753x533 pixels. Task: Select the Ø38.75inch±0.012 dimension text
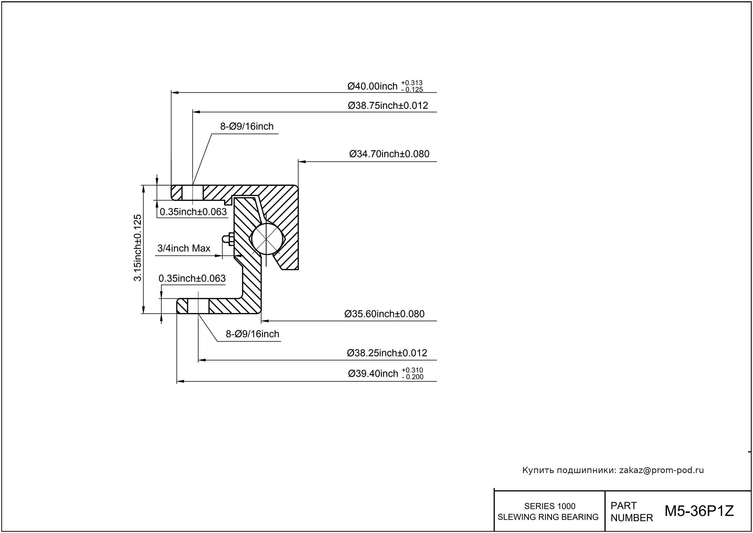pos(388,106)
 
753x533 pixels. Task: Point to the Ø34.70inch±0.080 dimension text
pos(389,154)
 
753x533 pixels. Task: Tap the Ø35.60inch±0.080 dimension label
pos(384,314)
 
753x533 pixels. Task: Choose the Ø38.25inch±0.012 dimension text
pos(387,353)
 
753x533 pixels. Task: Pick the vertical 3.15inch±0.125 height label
pos(138,248)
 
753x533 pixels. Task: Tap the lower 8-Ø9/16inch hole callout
pos(252,334)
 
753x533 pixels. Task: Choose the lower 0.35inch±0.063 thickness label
pos(192,279)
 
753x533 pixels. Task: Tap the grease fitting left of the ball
pos(227,239)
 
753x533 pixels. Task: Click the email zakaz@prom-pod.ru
pos(661,470)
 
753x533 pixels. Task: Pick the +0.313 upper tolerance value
pos(412,83)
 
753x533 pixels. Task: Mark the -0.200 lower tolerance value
pos(412,377)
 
